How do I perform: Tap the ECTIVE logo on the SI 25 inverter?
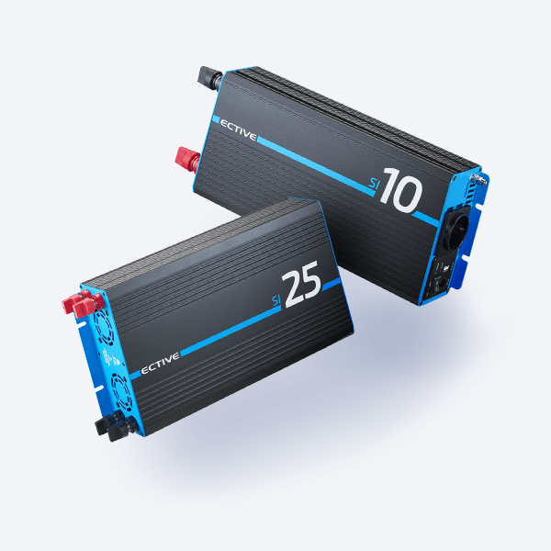(160, 364)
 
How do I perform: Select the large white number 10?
(401, 190)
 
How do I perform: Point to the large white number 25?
(301, 285)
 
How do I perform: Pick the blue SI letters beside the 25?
(277, 300)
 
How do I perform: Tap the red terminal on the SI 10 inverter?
(188, 160)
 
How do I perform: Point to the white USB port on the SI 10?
(444, 268)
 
